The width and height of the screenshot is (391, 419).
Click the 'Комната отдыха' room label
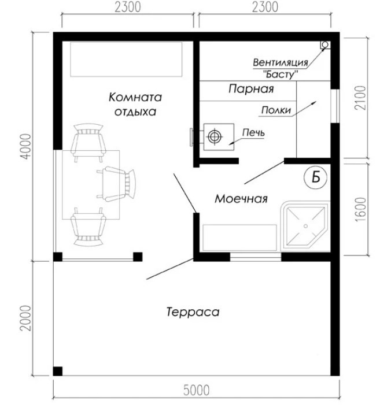click(135, 104)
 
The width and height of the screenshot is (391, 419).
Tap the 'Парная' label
click(251, 89)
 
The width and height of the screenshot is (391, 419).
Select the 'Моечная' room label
click(241, 199)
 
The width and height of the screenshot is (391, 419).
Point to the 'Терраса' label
click(193, 312)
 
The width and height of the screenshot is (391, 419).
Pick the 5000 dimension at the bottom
click(196, 391)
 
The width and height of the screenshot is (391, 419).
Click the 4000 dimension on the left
click(26, 147)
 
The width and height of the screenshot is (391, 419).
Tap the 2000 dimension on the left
click(26, 318)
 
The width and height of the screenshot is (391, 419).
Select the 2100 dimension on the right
click(360, 98)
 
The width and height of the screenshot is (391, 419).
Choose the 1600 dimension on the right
click(360, 209)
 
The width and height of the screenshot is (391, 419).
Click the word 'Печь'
click(253, 132)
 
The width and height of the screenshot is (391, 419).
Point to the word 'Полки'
click(276, 110)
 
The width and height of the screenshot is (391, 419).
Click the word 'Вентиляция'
click(281, 62)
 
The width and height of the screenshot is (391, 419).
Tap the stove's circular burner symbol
click(215, 136)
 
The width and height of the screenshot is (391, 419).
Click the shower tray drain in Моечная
click(306, 226)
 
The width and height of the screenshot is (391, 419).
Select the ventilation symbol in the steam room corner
click(325, 45)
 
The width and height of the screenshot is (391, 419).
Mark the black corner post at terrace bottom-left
click(57, 371)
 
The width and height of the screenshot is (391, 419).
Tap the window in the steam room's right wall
click(335, 106)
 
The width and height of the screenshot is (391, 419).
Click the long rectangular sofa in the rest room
click(126, 60)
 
